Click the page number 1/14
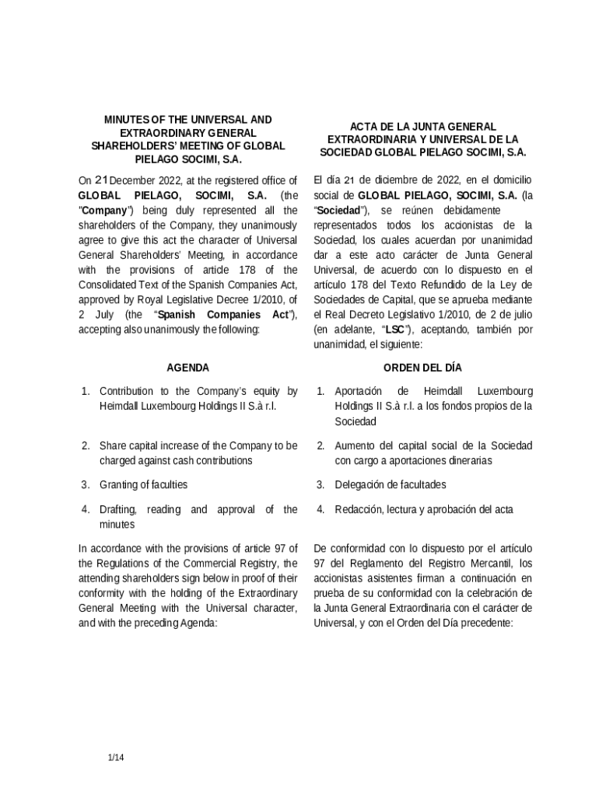pos(116,756)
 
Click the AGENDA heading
pos(188,368)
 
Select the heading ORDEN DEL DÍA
pos(423,368)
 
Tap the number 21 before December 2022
pos(103,180)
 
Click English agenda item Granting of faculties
pos(143,484)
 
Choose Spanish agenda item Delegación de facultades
pos(390,484)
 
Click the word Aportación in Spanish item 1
pos(358,391)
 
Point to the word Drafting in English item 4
pos(117,509)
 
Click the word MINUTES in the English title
pos(125,120)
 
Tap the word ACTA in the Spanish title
pos(363,126)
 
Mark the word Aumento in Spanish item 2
pos(355,445)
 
